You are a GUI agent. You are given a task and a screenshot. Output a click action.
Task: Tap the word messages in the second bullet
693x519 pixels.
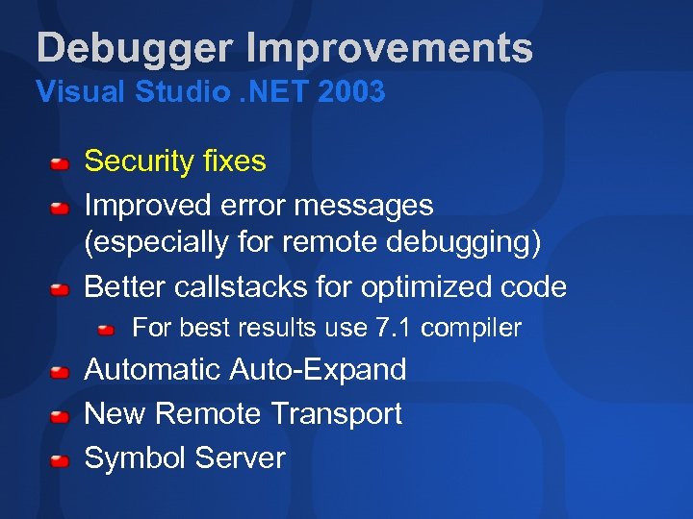point(370,206)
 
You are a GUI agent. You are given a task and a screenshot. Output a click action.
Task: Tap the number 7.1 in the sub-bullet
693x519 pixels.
point(396,329)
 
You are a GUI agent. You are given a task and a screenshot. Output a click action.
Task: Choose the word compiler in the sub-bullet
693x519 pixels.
point(472,329)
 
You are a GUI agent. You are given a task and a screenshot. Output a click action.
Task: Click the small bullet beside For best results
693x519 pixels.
point(107,330)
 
